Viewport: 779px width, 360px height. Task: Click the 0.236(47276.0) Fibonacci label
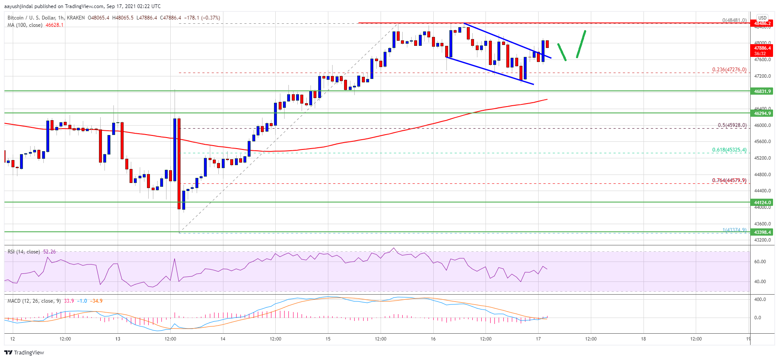(x=729, y=70)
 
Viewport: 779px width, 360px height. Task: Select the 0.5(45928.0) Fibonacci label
(x=732, y=125)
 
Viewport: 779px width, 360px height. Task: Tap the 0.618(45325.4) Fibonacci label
(x=729, y=150)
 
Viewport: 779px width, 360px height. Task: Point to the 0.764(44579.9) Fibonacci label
(x=729, y=180)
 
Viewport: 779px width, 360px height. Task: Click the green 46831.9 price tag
(x=762, y=91)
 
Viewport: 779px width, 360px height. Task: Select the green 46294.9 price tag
(x=762, y=113)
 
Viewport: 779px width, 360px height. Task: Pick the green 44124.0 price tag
(x=762, y=202)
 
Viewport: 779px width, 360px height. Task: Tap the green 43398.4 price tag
(x=762, y=232)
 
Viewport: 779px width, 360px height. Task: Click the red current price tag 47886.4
(x=762, y=48)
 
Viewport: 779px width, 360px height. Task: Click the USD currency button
(x=762, y=18)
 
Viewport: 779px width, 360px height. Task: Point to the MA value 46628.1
(x=54, y=25)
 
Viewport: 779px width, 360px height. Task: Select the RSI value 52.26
(x=49, y=252)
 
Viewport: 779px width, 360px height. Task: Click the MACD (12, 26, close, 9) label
(x=34, y=301)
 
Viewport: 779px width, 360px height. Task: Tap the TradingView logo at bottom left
(x=24, y=352)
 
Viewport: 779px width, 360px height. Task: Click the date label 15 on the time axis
(x=328, y=339)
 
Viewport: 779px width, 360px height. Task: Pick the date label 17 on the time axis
(x=538, y=339)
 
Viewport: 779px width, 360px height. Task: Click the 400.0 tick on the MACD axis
(x=760, y=299)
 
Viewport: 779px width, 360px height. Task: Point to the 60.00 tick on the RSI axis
(x=760, y=262)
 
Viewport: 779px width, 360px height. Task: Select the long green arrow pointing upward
(x=581, y=44)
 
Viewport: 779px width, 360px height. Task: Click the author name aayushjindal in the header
(x=18, y=6)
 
